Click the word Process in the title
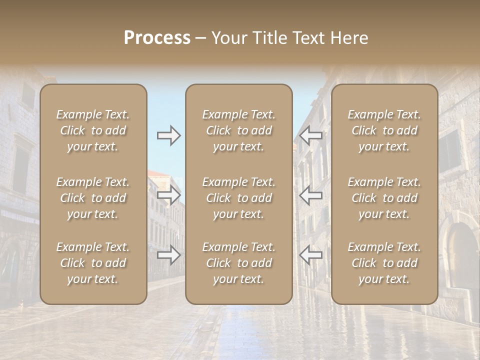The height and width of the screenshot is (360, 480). point(157,38)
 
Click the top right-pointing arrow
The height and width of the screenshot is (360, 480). point(168,135)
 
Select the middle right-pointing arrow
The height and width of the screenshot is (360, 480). point(168,195)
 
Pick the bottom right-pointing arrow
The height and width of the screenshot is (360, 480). point(168,255)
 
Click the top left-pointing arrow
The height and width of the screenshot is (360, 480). point(311,135)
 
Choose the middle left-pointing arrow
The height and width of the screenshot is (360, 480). point(311,195)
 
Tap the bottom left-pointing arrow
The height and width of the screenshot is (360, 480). point(311,255)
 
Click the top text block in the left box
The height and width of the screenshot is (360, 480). point(93,130)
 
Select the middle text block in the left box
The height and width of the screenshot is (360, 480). point(93,198)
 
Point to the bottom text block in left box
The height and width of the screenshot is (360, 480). point(93,263)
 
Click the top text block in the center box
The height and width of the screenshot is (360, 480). point(238,130)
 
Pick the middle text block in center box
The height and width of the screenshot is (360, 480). point(238,198)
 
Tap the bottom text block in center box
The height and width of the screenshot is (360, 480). point(238,263)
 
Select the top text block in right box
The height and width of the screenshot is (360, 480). point(384,130)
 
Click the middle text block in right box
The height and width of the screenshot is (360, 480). point(384,198)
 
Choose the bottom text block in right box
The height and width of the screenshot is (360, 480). point(384,263)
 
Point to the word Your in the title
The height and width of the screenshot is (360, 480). point(229,38)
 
